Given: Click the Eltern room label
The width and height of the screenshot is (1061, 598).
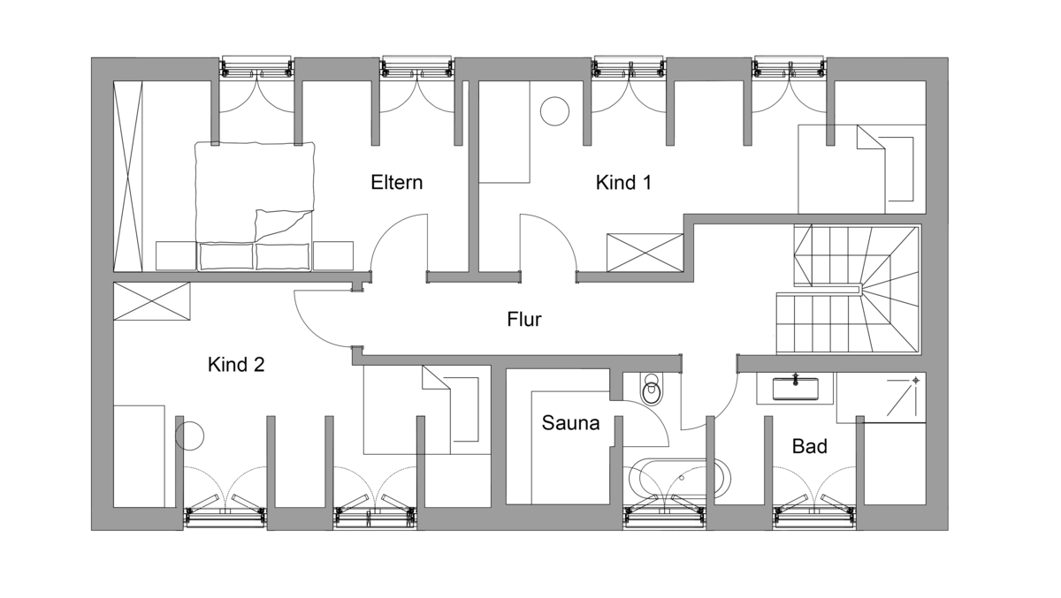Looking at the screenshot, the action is point(396,183).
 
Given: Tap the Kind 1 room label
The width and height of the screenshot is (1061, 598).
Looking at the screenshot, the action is point(623,183).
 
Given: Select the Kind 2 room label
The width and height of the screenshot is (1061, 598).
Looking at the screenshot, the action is point(236,365).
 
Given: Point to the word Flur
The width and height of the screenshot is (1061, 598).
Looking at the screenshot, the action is point(523,320).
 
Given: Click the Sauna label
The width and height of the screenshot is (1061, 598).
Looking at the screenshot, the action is point(570,423).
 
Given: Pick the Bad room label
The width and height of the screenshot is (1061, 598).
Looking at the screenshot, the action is point(810,446).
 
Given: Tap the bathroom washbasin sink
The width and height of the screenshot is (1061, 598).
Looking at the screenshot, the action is point(795,388).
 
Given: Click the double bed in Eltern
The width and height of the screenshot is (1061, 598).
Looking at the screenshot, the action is point(255,207).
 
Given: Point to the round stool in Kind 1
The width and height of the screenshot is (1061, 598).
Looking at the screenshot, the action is point(554,111).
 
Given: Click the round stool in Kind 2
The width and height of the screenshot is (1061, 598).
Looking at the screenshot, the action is point(189,436).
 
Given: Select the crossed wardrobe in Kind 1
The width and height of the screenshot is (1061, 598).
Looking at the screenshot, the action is point(645,253).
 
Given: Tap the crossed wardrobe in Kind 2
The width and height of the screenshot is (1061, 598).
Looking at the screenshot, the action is point(151,301).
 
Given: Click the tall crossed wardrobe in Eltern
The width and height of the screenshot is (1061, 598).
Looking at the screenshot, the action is point(128,176).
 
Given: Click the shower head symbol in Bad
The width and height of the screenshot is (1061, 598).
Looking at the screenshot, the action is point(916,380).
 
